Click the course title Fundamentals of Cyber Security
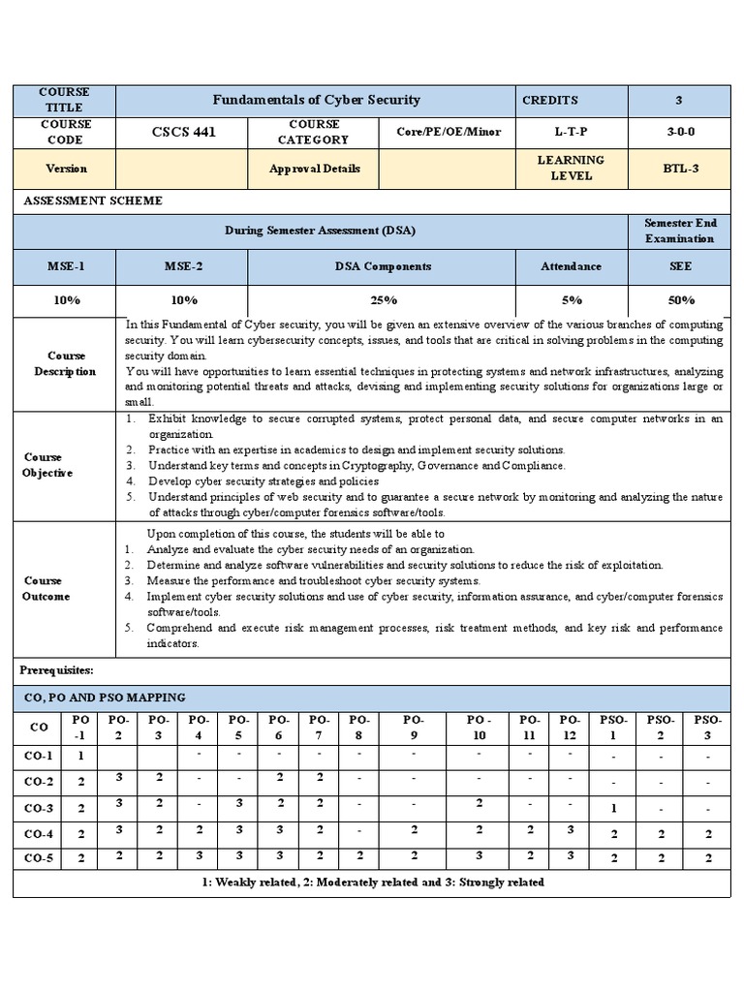click(x=316, y=100)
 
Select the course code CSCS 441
click(x=182, y=132)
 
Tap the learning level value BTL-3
click(x=678, y=169)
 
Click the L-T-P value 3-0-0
click(x=678, y=132)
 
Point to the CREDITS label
click(x=549, y=100)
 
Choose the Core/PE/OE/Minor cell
click(x=448, y=132)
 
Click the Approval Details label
click(x=314, y=169)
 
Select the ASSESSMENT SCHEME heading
click(x=92, y=201)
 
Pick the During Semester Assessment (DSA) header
click(x=321, y=231)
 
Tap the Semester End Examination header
click(x=679, y=231)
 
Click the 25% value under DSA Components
click(x=382, y=300)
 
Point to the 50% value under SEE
click(x=679, y=300)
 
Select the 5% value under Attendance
click(x=571, y=300)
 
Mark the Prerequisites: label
click(x=57, y=670)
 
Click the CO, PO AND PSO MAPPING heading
click(x=104, y=697)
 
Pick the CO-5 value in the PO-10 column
click(x=479, y=856)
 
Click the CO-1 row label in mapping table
click(x=39, y=755)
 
